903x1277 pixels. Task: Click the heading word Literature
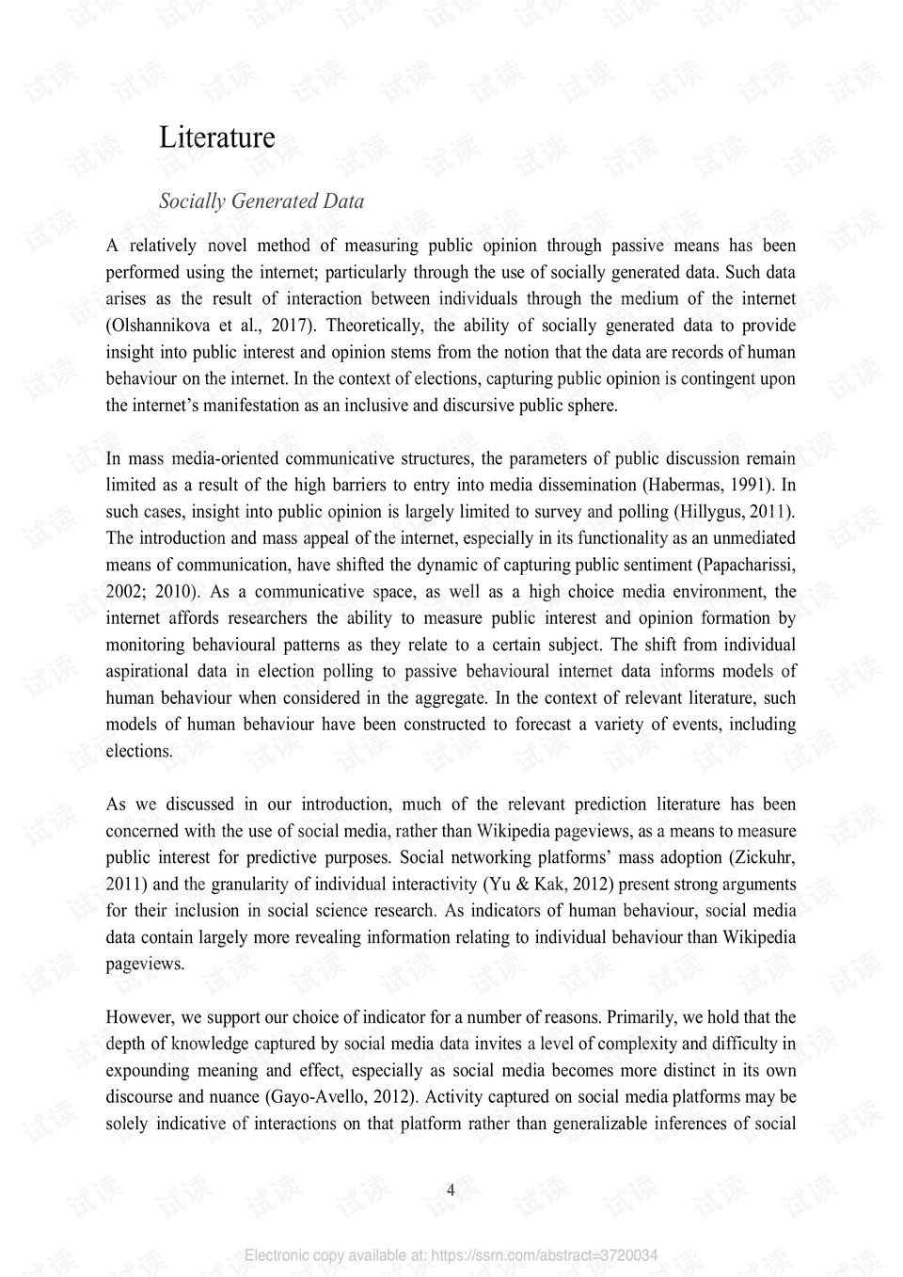217,137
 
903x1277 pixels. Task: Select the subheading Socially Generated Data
261,201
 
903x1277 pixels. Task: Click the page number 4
451,1190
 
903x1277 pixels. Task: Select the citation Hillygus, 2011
734,512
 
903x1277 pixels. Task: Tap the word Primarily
642,1017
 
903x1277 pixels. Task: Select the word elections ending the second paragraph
138,751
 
